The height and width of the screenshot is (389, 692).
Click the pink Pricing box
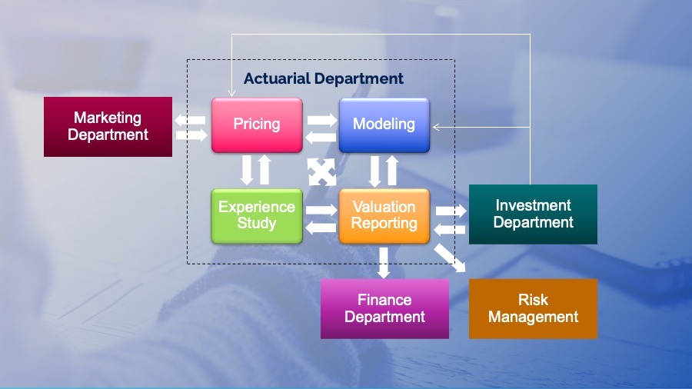(257, 125)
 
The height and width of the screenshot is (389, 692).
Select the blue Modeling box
(384, 125)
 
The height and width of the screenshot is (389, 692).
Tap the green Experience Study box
(257, 216)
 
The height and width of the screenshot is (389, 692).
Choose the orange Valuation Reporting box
(384, 216)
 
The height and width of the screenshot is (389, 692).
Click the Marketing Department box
(108, 127)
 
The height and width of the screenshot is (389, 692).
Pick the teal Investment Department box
(533, 214)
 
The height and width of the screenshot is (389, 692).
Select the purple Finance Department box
(384, 308)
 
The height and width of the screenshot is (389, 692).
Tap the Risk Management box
(533, 308)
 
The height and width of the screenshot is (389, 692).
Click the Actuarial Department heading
(324, 78)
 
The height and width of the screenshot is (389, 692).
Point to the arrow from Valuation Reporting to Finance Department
(384, 263)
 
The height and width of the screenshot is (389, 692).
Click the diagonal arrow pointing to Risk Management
(451, 258)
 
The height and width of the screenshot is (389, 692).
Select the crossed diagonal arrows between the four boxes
(321, 171)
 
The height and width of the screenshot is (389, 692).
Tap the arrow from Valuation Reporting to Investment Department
(451, 210)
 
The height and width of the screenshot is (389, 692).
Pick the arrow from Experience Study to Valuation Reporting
(321, 209)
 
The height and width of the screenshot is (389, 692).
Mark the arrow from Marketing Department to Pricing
(191, 135)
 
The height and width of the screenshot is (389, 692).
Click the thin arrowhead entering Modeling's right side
(436, 127)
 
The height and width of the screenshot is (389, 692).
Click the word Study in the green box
(257, 224)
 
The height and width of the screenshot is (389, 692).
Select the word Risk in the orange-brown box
(533, 300)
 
